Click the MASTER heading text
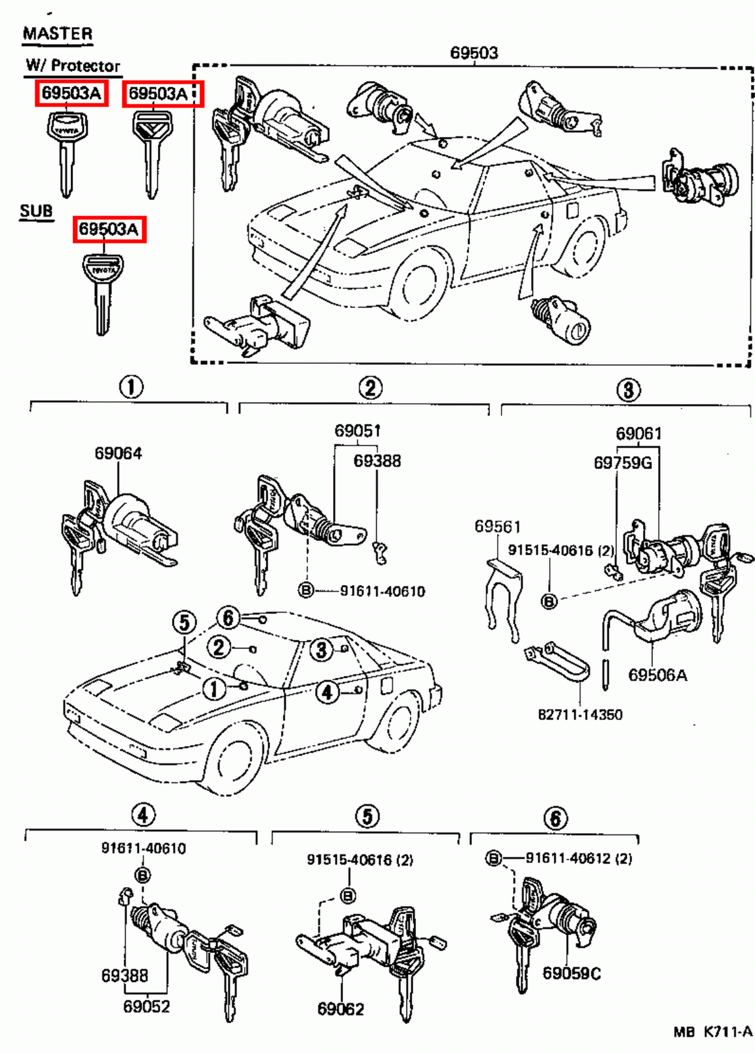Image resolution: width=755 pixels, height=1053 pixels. click(x=57, y=34)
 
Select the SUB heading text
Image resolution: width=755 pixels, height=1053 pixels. click(x=36, y=211)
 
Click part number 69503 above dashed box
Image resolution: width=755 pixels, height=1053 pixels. click(x=474, y=53)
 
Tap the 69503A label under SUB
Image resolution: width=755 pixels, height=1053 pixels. click(x=109, y=229)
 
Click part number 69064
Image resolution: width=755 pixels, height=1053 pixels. click(x=118, y=453)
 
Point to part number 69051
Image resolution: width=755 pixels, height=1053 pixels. click(x=357, y=431)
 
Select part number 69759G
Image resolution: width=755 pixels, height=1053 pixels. click(x=622, y=463)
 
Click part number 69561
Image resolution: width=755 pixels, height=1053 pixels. click(x=497, y=526)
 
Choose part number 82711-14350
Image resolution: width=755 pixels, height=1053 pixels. click(x=580, y=714)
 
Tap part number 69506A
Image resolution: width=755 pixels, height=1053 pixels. click(x=657, y=675)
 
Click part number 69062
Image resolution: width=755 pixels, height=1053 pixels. click(x=340, y=1009)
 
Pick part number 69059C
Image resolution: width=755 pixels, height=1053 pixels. click(x=571, y=973)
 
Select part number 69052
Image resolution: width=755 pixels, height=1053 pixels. click(x=146, y=1006)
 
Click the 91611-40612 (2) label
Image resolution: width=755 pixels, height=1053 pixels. click(x=578, y=858)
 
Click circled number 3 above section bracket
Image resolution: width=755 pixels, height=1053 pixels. click(x=628, y=390)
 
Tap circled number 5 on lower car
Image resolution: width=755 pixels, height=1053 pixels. click(x=185, y=623)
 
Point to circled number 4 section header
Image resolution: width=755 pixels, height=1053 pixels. click(x=143, y=815)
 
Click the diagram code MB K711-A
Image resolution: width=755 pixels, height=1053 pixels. click(x=712, y=1032)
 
